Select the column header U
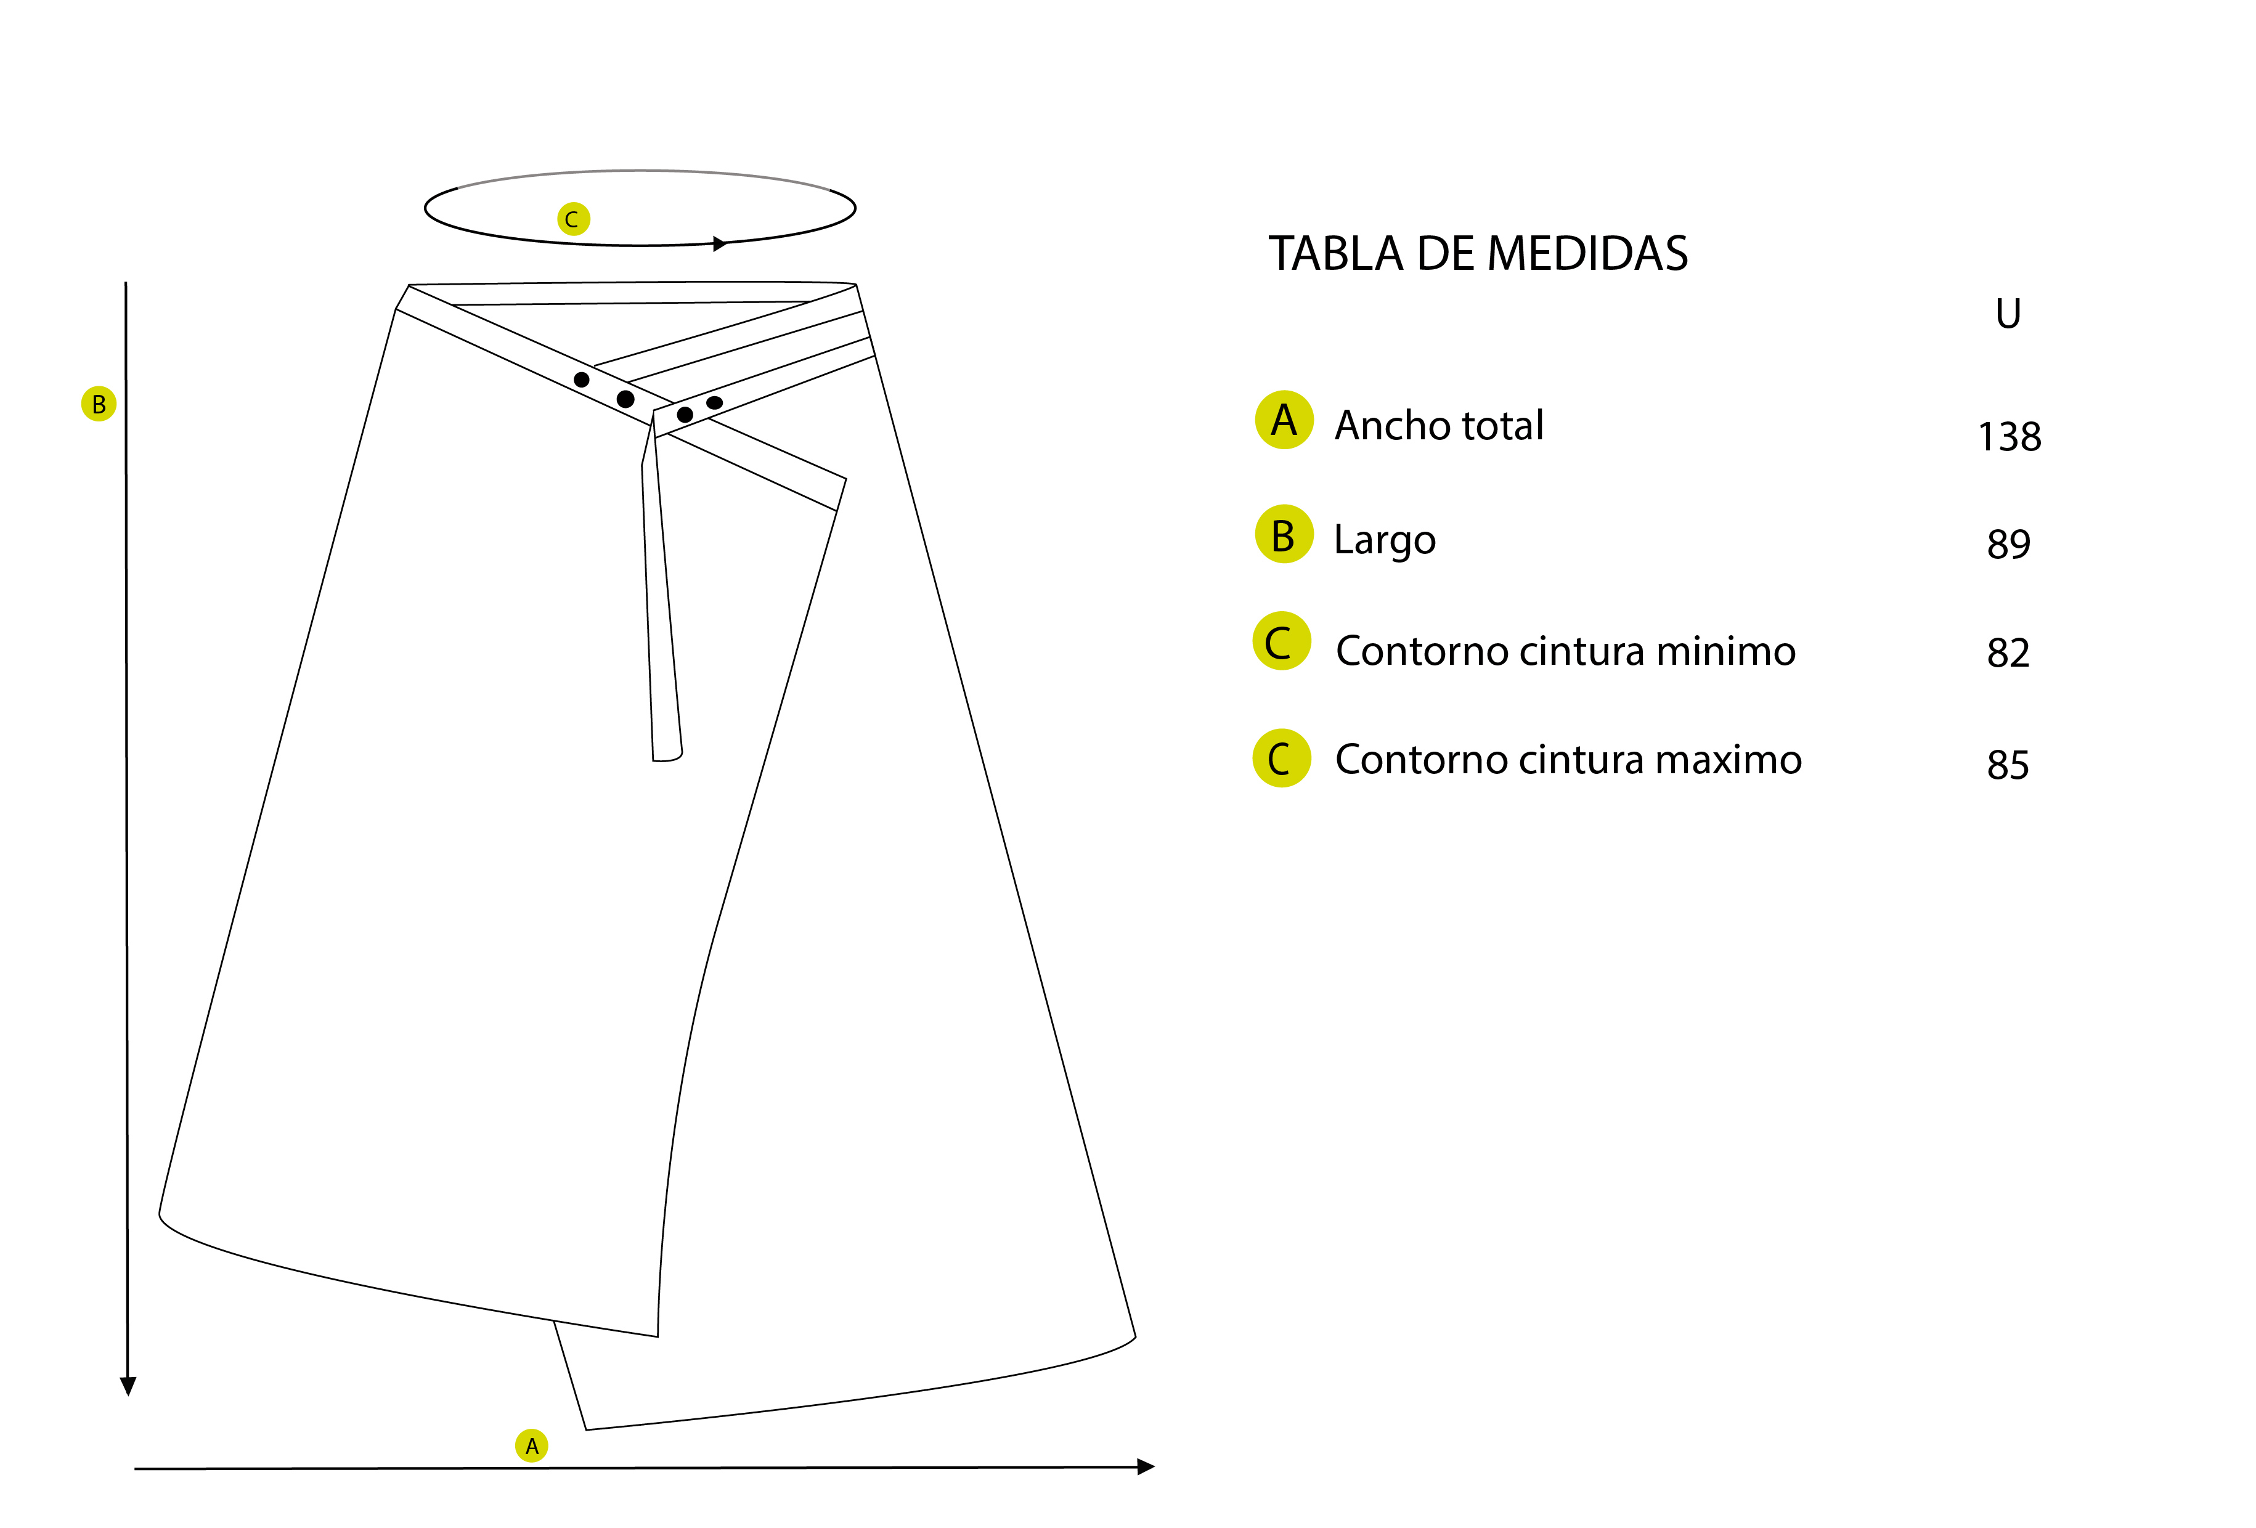point(2008,314)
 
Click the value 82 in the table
point(2008,652)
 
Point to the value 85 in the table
point(2008,765)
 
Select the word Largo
point(1384,540)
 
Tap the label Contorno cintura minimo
point(1565,651)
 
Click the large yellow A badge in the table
point(1284,420)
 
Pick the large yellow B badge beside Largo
point(1284,535)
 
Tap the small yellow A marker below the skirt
point(531,1445)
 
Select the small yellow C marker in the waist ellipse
point(572,219)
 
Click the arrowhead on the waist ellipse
point(719,243)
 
